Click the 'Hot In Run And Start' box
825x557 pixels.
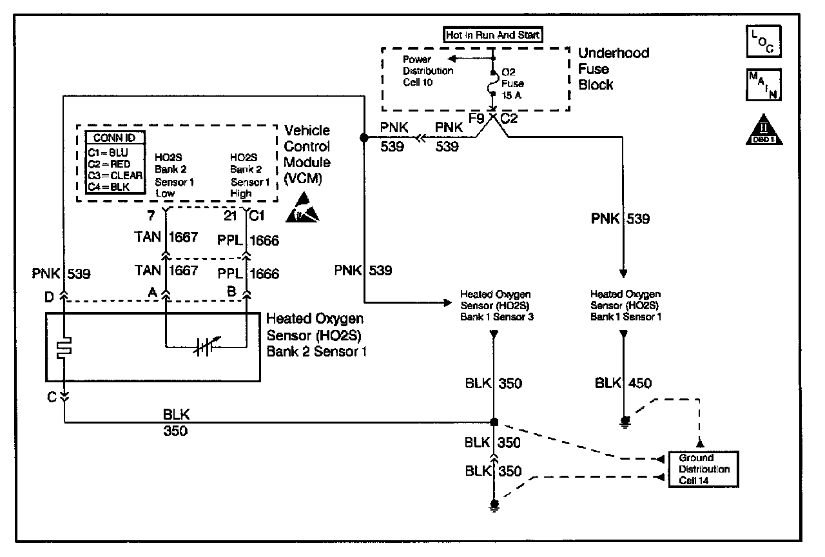tap(492, 35)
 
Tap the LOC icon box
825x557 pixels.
tap(764, 41)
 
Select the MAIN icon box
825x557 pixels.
tap(764, 84)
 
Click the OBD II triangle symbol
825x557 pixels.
tap(764, 130)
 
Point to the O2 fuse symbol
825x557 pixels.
tap(492, 83)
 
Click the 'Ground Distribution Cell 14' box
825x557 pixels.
tap(703, 469)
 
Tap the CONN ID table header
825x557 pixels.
tap(115, 138)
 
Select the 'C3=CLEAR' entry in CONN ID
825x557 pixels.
tap(115, 175)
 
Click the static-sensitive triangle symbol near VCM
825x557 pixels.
tap(302, 208)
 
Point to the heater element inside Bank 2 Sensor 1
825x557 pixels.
tap(64, 347)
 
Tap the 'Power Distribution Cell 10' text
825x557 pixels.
tap(427, 71)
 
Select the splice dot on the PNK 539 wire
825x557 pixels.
tap(364, 137)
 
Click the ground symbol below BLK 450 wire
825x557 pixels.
tap(625, 422)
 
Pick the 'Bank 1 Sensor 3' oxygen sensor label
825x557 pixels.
tap(496, 306)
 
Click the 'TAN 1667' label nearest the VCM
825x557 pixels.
tap(166, 237)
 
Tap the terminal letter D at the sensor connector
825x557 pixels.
tap(49, 297)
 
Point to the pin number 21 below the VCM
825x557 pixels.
tap(230, 216)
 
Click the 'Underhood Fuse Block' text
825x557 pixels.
tap(614, 69)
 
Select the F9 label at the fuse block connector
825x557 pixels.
tap(476, 119)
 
